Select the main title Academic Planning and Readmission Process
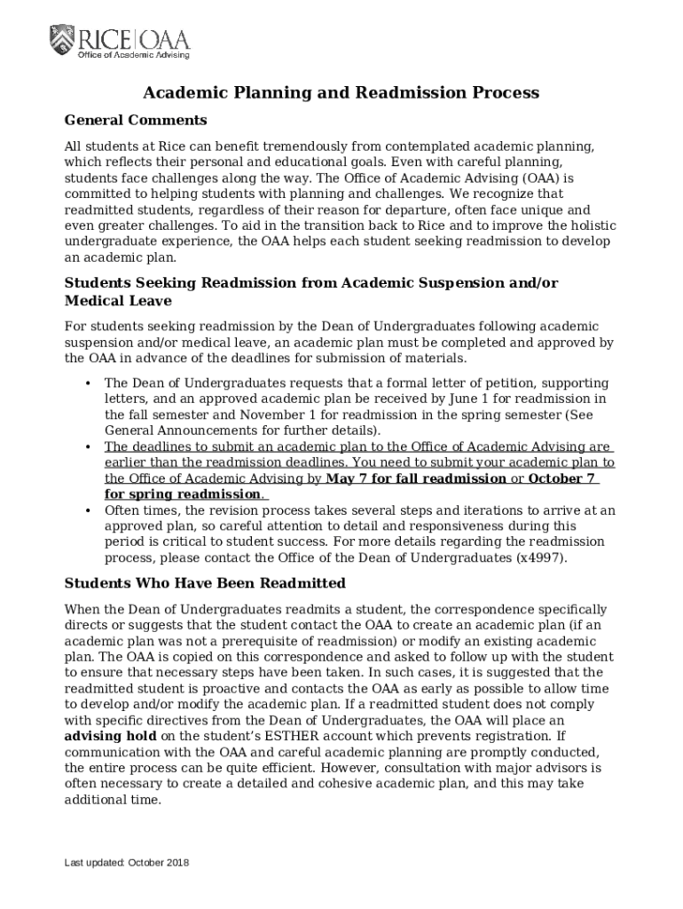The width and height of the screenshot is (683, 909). (x=341, y=92)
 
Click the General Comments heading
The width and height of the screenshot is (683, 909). (x=136, y=120)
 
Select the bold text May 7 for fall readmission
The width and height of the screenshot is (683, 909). (x=416, y=478)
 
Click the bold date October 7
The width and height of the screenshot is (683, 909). (x=561, y=478)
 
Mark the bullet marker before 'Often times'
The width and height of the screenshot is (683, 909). (x=88, y=511)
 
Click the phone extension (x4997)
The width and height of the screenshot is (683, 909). (x=540, y=558)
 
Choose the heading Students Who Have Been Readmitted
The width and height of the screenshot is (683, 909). (x=205, y=583)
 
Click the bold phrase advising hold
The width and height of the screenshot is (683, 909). (x=110, y=737)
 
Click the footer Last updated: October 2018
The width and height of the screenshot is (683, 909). (x=126, y=863)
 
